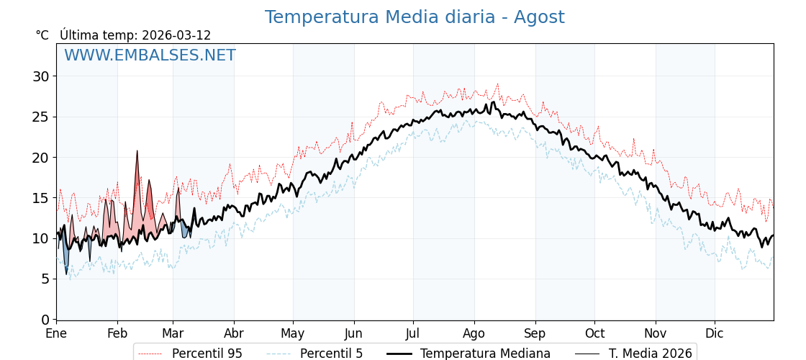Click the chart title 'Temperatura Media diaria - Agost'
tap(414, 17)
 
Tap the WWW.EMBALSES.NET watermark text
tap(150, 55)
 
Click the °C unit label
tap(42, 35)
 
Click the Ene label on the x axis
tap(56, 333)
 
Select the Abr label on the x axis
tap(233, 333)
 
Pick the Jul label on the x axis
tap(413, 333)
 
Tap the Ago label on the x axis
tap(474, 333)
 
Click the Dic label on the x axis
tap(714, 333)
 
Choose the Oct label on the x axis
tap(594, 333)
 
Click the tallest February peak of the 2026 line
tap(137, 152)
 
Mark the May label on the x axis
tap(293, 333)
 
